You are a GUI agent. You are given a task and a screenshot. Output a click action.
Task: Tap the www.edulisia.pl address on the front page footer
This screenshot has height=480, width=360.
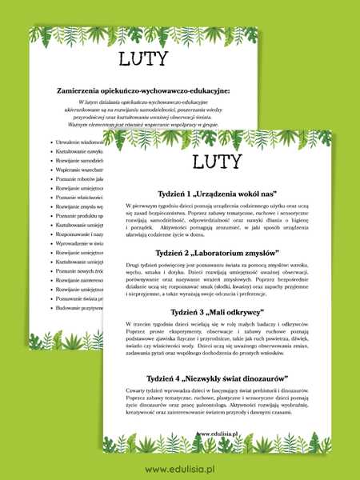coord(220,434)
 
